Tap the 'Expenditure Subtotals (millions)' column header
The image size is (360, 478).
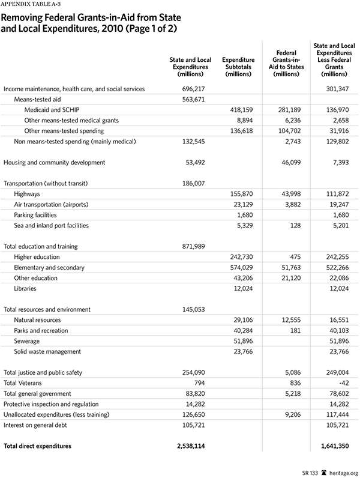click(x=239, y=66)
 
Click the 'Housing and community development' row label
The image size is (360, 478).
click(x=55, y=162)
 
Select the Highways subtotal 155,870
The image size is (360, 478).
click(x=242, y=193)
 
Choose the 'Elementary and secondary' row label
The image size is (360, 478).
click(x=49, y=267)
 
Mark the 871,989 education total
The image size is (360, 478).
click(x=191, y=246)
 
